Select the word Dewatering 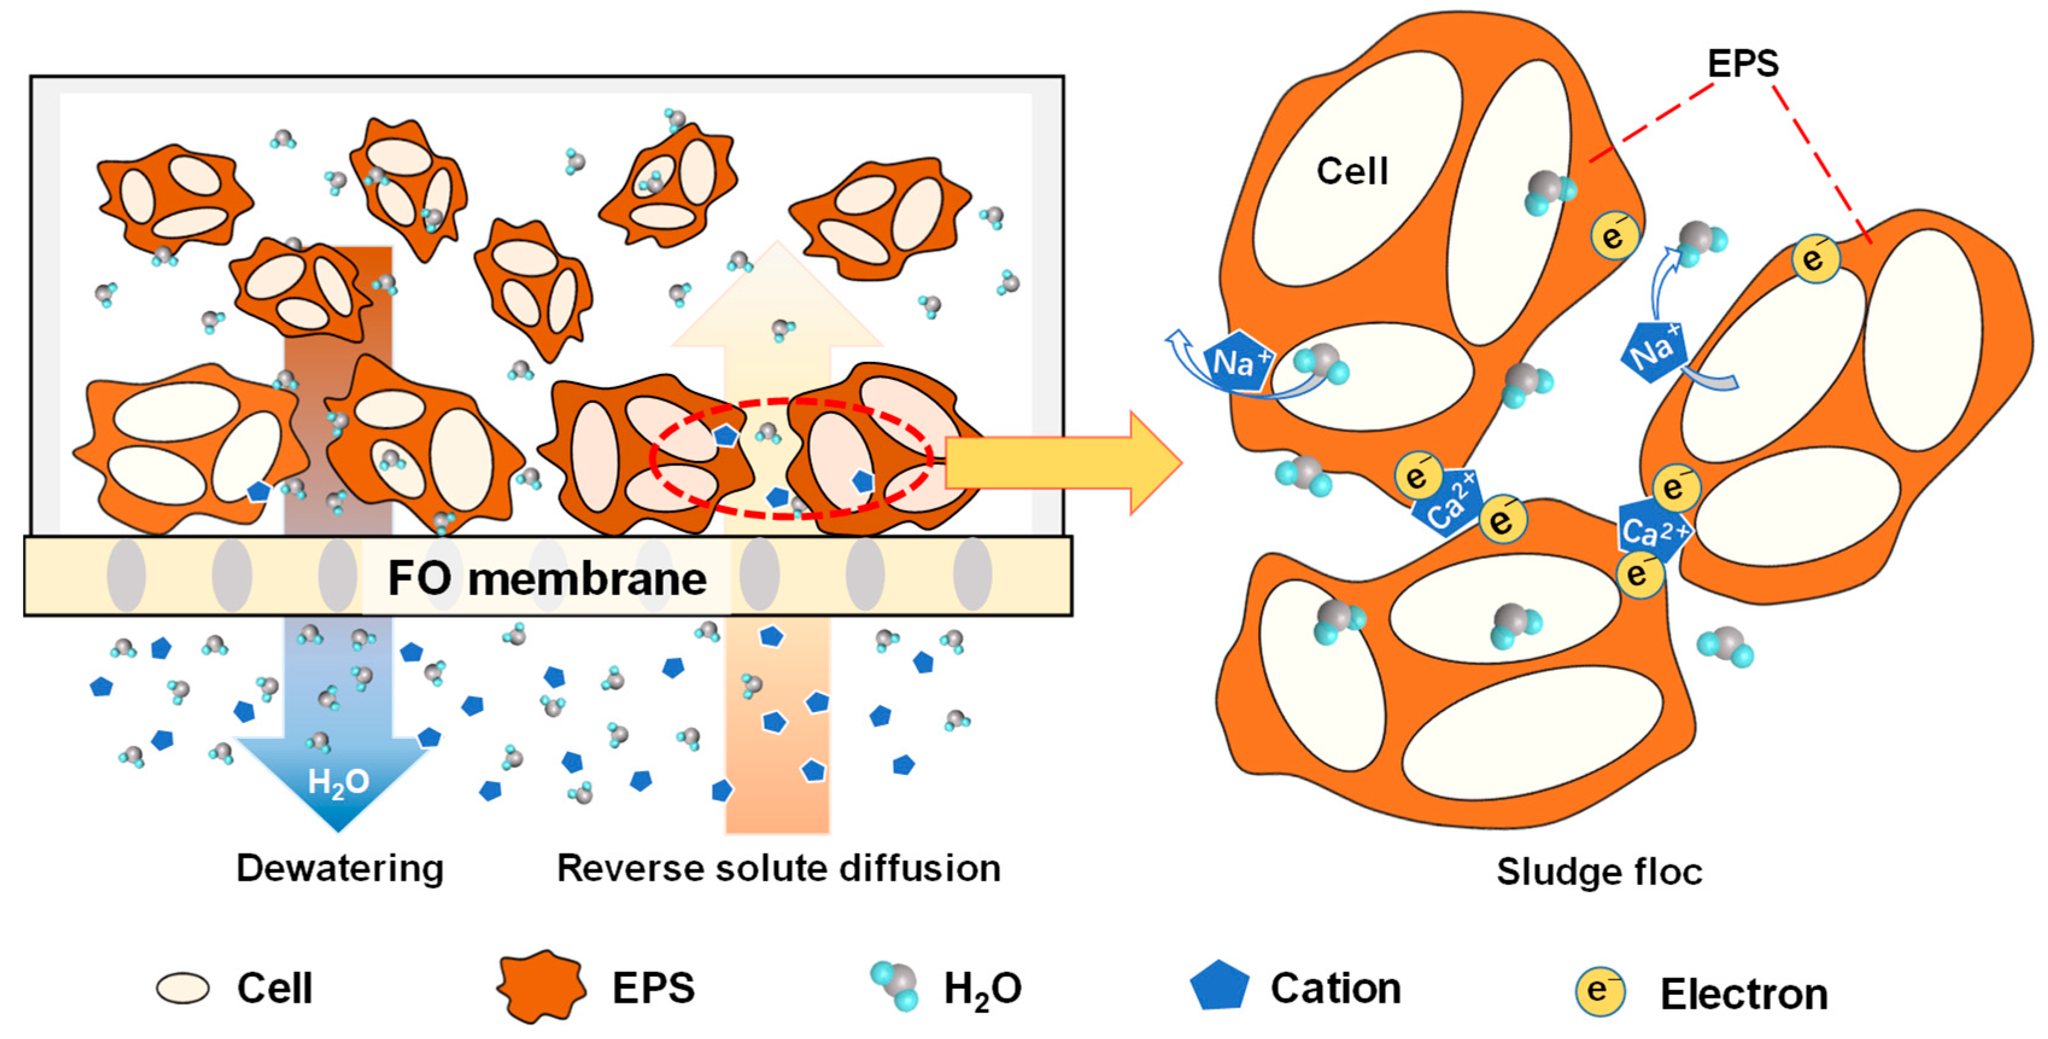(x=339, y=868)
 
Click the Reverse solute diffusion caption (x=778, y=868)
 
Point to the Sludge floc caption (x=1599, y=872)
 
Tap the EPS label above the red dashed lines (x=1743, y=63)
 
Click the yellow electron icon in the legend (x=1599, y=991)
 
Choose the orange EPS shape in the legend (x=541, y=987)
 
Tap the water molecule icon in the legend (x=895, y=986)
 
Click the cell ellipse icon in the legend (x=183, y=988)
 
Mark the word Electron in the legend (x=1744, y=994)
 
